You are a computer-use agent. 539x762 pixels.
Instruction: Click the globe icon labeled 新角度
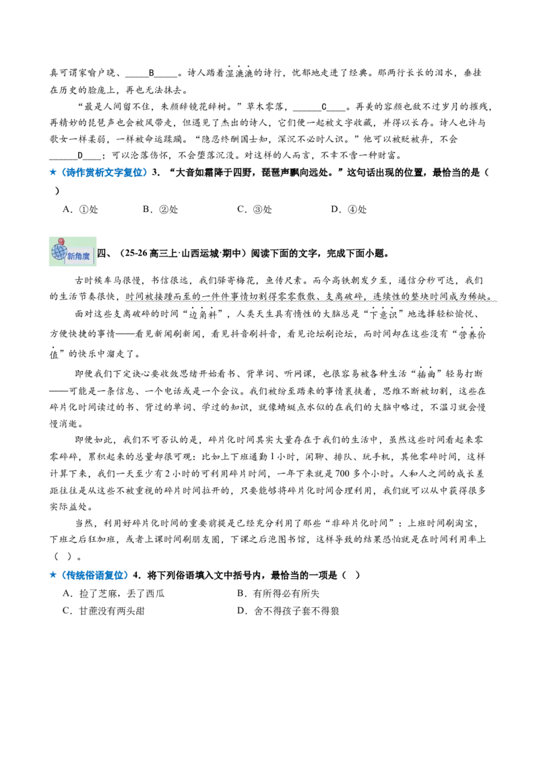click(73, 252)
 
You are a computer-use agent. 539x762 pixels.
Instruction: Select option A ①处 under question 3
click(80, 209)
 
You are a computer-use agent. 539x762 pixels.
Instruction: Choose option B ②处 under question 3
click(160, 209)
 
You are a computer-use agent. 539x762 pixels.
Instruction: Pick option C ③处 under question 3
click(255, 209)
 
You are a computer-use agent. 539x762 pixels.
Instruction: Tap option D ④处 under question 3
click(348, 209)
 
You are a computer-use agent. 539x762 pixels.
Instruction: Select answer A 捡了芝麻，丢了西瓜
click(113, 593)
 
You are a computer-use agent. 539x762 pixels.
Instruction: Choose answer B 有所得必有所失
click(278, 593)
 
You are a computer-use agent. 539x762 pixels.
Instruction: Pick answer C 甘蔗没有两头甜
click(104, 611)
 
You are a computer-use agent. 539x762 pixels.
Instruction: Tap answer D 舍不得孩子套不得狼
click(288, 611)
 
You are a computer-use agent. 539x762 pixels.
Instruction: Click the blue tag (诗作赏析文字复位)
click(102, 172)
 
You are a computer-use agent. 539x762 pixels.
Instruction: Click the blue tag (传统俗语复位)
click(94, 576)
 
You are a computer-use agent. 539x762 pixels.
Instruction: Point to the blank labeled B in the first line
click(152, 73)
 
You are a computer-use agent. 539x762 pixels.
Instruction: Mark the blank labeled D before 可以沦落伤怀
click(75, 156)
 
